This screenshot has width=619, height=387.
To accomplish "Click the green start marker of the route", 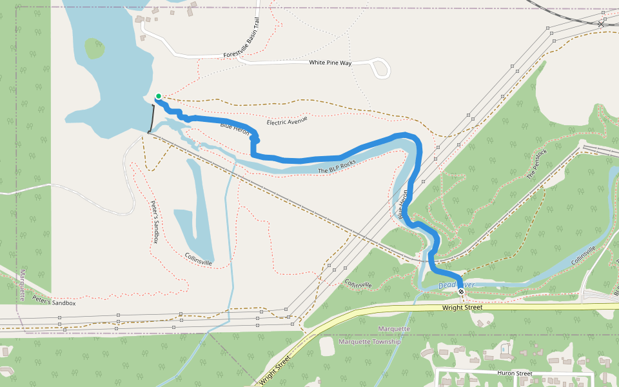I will (158, 96).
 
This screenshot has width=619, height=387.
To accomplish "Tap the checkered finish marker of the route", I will (461, 292).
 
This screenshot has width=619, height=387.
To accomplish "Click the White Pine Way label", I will (330, 63).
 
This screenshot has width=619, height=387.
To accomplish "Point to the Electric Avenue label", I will (287, 121).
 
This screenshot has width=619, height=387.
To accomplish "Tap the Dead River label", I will (456, 285).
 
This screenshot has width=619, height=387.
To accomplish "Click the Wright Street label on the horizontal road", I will (462, 308).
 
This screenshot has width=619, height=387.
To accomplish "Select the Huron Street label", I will (514, 373).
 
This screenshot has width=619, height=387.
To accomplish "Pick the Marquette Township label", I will (369, 341).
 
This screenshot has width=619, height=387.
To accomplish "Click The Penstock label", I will (536, 164).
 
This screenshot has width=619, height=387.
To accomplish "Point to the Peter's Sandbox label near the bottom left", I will (55, 303).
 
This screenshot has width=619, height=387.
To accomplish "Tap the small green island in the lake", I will (94, 48).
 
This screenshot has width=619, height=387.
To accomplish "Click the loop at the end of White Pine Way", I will (380, 68).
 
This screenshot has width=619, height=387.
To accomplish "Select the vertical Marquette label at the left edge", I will (21, 284).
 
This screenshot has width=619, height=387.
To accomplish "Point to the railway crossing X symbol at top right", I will (602, 24).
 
